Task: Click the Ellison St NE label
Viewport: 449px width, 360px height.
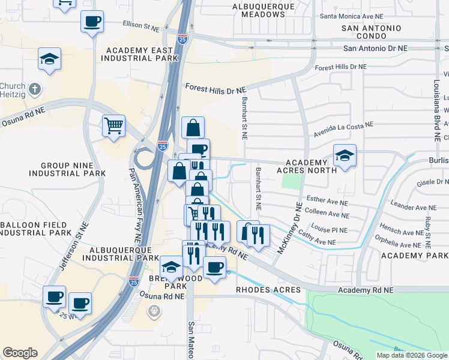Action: (x=141, y=27)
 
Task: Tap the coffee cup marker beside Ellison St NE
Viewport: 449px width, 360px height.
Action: (x=92, y=22)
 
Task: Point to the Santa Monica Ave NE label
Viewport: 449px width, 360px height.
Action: (x=352, y=16)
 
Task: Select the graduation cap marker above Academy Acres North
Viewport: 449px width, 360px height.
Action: (x=345, y=155)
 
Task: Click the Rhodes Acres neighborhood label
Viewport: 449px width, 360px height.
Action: (x=264, y=290)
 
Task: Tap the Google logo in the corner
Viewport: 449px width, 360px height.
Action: (x=20, y=353)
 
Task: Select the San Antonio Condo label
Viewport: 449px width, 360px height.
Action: (x=371, y=32)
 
